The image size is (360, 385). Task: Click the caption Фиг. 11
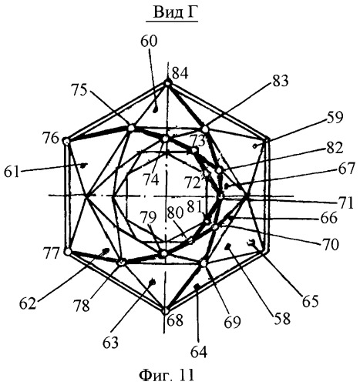pos(167,376)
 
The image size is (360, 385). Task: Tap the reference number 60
pos(149,42)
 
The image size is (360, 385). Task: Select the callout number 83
pos(281,81)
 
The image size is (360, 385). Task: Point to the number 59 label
pos(335,118)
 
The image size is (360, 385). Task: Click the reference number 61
pos(12,172)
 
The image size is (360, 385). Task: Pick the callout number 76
pos(52,139)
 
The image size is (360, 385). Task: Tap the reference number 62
pos(28,304)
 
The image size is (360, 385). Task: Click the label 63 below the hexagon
pos(111,343)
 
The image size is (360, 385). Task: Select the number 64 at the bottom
pos(199,352)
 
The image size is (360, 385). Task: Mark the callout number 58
pos(282,319)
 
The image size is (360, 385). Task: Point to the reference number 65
pos(310,301)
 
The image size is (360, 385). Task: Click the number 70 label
pos(331,245)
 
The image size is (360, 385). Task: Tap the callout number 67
pos(347,169)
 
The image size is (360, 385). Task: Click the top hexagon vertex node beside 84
pos(167,83)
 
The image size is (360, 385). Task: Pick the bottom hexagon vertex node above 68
pos(166,311)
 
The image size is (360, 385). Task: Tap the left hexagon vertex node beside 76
pos(66,142)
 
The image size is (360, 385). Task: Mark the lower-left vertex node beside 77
pos(68,252)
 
